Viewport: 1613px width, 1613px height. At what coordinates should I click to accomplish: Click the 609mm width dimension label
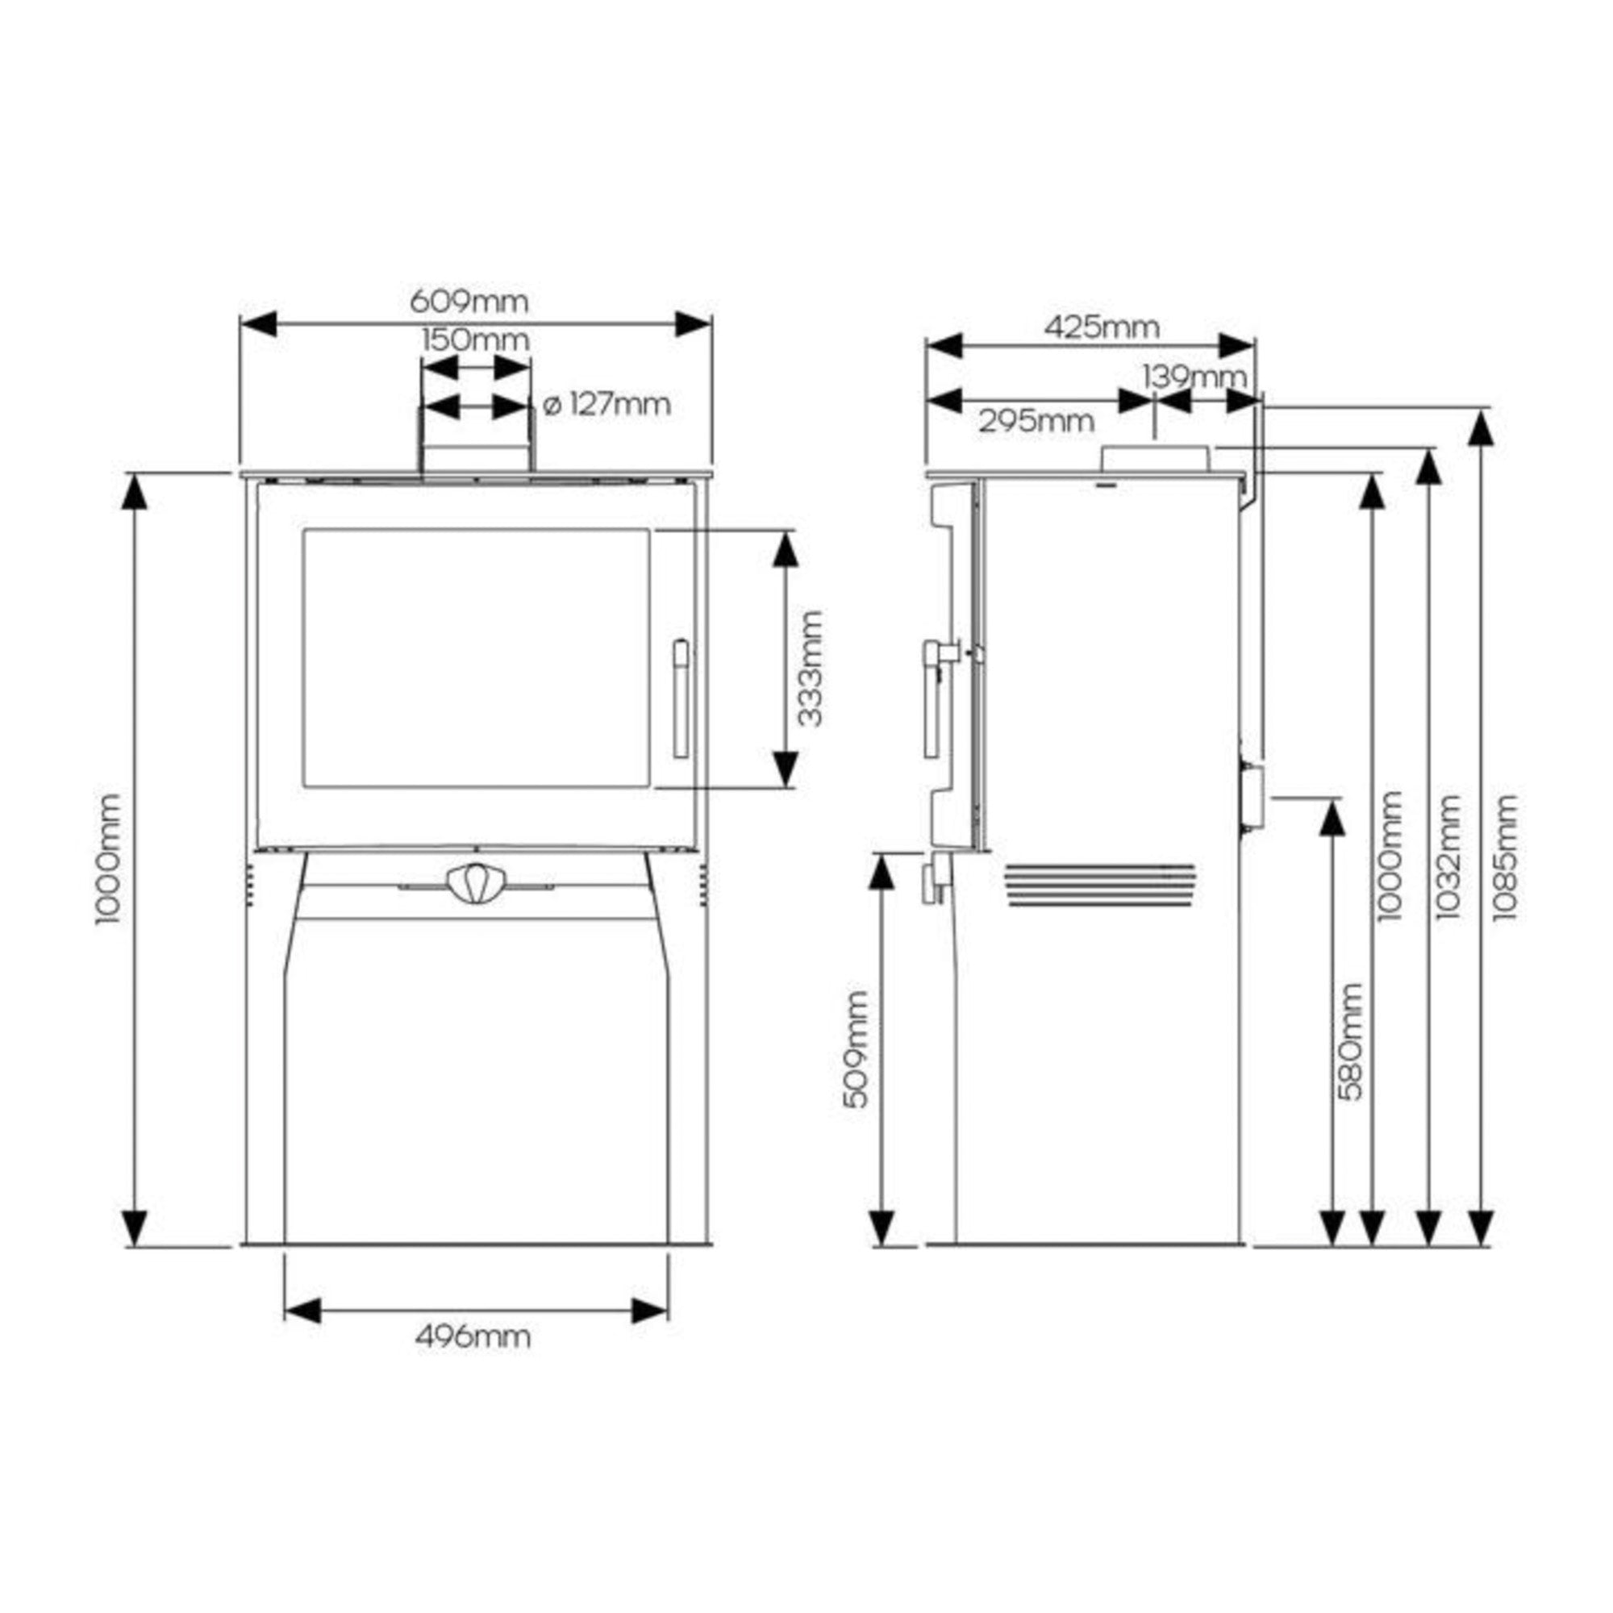[469, 301]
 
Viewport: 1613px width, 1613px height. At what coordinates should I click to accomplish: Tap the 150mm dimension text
[475, 340]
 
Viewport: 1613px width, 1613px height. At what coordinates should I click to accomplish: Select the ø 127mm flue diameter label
[606, 405]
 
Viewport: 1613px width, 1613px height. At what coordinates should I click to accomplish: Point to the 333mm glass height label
[809, 669]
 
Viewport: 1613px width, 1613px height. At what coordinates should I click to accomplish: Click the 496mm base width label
[473, 1336]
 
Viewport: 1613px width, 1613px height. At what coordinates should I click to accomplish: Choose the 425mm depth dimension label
[1101, 327]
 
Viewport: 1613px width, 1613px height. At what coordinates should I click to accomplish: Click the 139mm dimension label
[1194, 377]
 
